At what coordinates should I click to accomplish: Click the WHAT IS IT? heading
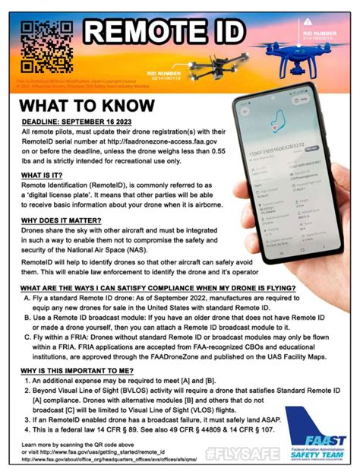tap(45, 174)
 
